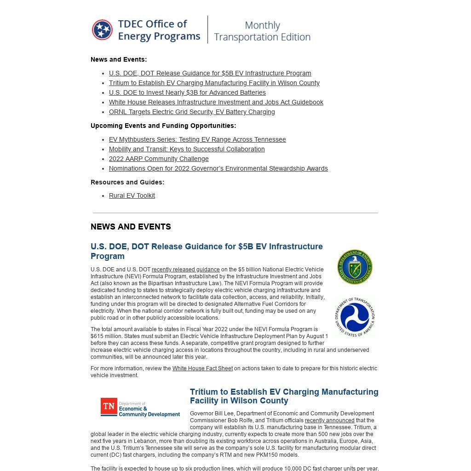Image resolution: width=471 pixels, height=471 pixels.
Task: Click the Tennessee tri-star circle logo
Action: coord(102,30)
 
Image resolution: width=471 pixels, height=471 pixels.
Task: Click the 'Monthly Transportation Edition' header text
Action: coord(262,31)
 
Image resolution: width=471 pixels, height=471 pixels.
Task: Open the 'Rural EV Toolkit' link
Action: coord(132,195)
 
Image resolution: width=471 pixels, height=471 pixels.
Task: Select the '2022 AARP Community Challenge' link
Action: coord(159,159)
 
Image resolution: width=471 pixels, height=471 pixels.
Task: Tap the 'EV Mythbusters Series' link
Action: coord(197,139)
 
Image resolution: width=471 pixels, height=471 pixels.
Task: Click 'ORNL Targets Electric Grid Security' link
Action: coord(192,112)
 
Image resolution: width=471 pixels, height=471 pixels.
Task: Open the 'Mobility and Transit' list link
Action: coord(187,149)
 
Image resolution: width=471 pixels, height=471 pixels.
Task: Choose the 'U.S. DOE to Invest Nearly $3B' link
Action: coord(187,92)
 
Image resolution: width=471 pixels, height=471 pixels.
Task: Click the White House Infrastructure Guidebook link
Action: coord(216,102)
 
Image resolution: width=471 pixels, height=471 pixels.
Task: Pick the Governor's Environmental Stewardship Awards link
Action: coord(218,168)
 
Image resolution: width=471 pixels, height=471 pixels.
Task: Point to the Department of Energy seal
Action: coord(355,267)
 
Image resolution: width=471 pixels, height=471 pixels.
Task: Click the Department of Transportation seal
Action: coord(355,317)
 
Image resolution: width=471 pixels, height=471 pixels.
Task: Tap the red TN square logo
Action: coord(109,407)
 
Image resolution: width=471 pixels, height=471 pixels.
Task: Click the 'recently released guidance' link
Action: coord(185,270)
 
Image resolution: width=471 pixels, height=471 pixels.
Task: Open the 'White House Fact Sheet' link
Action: coord(202,368)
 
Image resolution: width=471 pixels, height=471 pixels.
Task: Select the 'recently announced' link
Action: coord(329,420)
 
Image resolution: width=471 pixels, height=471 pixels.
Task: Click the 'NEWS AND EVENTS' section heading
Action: coord(131,227)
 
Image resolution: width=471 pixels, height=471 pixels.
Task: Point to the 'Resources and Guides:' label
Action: coord(127,182)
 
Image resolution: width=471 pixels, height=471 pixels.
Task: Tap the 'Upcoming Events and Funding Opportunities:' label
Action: coord(163,126)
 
